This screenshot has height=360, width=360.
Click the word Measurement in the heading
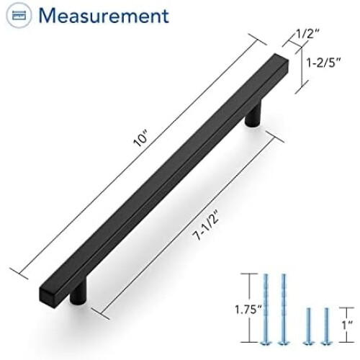pyautogui.click(x=104, y=16)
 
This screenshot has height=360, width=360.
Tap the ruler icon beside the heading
pyautogui.click(x=19, y=16)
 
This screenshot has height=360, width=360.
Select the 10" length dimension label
pyautogui.click(x=141, y=139)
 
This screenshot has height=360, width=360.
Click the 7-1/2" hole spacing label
pyautogui.click(x=207, y=225)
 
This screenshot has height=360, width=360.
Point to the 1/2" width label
pyautogui.click(x=307, y=35)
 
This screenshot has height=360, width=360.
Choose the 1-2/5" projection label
pyautogui.click(x=323, y=63)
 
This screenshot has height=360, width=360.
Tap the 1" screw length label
pyautogui.click(x=347, y=325)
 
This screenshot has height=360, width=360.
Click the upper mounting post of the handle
pyautogui.click(x=253, y=113)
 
